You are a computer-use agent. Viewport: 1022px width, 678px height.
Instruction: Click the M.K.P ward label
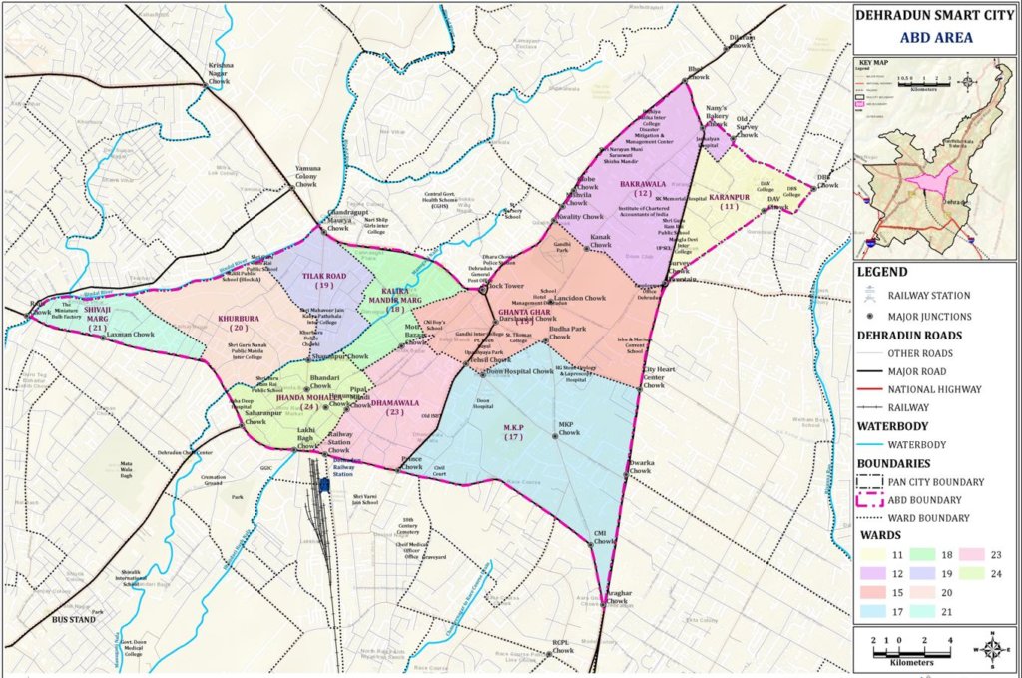click(514, 430)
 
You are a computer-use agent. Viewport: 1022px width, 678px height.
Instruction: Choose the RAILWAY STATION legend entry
click(933, 296)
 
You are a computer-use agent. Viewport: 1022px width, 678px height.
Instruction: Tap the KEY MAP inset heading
click(875, 62)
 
